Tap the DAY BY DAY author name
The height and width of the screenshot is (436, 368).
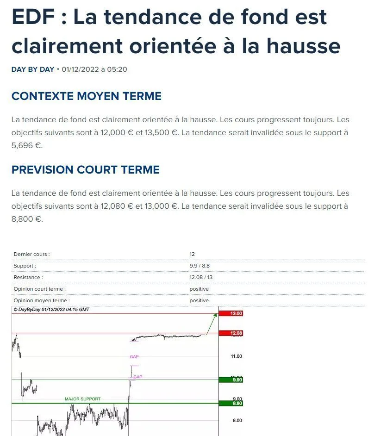[x=32, y=69]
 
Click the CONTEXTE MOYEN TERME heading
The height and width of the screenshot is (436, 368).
[x=86, y=96]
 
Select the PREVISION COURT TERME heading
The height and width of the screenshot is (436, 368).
[x=85, y=170]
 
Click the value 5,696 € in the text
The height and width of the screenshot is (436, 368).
[x=26, y=145]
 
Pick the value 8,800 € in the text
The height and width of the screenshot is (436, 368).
[x=26, y=219]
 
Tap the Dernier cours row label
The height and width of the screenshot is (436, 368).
[x=31, y=254]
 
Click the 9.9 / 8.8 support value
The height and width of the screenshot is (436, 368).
[x=200, y=266]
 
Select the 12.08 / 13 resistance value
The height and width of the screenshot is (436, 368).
[x=201, y=277]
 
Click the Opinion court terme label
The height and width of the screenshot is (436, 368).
[x=39, y=289]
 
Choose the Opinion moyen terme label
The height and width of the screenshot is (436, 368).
[x=41, y=300]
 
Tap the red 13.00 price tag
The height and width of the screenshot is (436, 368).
[x=236, y=313]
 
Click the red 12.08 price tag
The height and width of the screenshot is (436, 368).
[x=236, y=333]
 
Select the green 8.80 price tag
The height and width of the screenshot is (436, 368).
[x=236, y=404]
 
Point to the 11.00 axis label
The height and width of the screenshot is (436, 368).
[x=236, y=356]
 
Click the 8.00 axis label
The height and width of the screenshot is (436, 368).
[x=236, y=420]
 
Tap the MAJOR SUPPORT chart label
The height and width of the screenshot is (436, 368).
[x=82, y=399]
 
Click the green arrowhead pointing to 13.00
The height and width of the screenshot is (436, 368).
[x=215, y=315]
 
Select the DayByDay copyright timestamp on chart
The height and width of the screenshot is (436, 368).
[x=51, y=309]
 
